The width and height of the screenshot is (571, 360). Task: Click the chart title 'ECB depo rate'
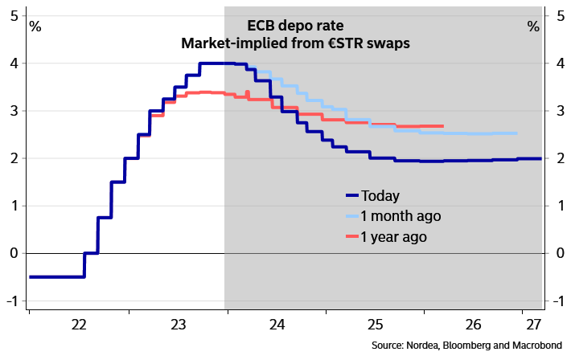pos(296,25)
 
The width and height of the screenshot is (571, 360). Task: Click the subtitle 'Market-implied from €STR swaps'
pos(296,43)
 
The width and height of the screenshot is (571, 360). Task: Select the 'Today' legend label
pos(380,195)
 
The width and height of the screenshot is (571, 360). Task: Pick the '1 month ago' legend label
pos(401,216)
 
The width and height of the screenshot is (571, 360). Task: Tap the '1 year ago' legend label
pos(394,237)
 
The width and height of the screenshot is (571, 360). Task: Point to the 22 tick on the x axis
pos(79,325)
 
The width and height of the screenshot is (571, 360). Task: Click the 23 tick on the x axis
pos(179,325)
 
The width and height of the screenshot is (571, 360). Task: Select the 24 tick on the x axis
pos(277,325)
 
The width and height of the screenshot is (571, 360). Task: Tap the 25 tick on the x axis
pos(375,325)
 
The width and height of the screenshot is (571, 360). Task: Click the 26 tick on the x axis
pos(474,325)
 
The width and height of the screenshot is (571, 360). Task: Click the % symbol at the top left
pos(35,26)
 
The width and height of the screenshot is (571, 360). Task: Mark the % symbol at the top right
pos(533,26)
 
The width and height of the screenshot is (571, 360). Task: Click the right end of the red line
pos(442,126)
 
